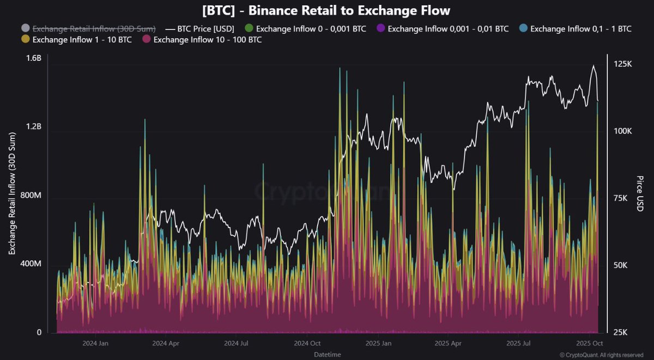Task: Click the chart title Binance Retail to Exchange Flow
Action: point(326,10)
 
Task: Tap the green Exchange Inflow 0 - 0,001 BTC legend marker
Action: point(249,28)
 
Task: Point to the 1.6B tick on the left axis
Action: point(34,59)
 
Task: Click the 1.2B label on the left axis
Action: point(34,127)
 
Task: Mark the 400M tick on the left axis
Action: point(32,264)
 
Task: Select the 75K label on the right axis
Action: point(622,198)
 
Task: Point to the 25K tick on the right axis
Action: point(622,332)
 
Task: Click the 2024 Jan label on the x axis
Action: point(95,344)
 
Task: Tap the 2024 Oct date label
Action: point(307,344)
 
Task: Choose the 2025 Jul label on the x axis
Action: point(519,344)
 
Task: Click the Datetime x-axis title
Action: point(327,355)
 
